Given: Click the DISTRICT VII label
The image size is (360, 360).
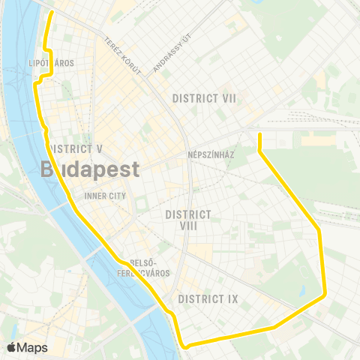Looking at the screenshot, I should coord(204,98).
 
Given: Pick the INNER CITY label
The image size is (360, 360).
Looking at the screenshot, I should coord(106,196).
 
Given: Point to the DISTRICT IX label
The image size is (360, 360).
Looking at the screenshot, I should coord(208,299).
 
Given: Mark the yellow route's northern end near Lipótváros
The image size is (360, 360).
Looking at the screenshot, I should coord(52,13).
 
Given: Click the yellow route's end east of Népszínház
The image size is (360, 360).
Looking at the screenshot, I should coord(259,135).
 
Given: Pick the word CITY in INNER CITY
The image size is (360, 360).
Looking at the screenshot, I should coord(117,196).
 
